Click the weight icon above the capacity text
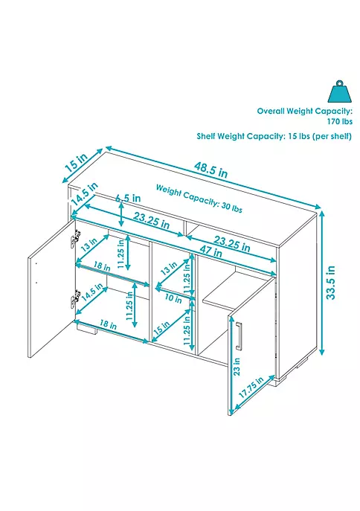(340, 91)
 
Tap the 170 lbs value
(340, 121)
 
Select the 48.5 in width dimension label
(211, 169)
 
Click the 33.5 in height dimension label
(331, 283)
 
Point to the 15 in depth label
(77, 164)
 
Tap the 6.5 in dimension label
(129, 198)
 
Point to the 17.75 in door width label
(251, 388)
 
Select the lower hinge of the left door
(74, 298)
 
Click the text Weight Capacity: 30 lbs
(199, 198)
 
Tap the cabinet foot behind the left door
(87, 328)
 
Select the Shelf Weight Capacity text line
(274, 136)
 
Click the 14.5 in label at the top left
(84, 194)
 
